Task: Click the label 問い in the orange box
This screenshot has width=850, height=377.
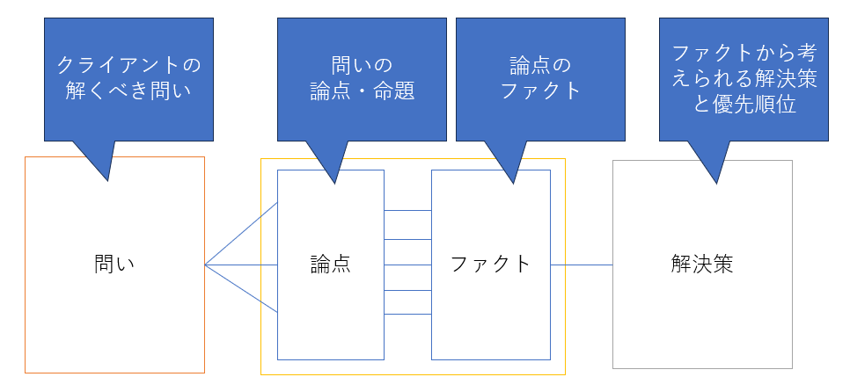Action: click(114, 265)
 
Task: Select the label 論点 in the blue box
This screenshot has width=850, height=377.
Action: click(330, 265)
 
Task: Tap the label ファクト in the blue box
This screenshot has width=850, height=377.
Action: click(490, 265)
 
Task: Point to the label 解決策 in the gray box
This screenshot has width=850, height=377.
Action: click(701, 265)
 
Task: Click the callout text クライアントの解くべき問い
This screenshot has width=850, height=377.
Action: click(128, 77)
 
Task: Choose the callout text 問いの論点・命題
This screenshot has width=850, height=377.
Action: click(362, 77)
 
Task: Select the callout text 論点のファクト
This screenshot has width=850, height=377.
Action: click(540, 77)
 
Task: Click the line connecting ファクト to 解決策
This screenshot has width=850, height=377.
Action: click(582, 265)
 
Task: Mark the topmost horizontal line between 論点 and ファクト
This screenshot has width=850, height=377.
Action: click(407, 211)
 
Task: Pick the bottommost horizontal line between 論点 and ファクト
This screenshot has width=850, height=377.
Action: click(407, 315)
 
